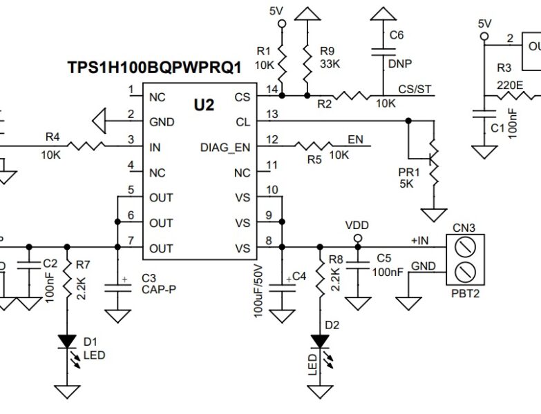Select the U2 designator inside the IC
click(203, 106)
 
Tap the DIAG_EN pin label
click(225, 147)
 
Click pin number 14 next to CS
click(272, 89)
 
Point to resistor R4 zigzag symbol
click(88, 146)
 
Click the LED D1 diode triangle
click(68, 340)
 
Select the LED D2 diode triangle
click(320, 340)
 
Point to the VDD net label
click(357, 226)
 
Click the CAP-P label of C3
click(158, 290)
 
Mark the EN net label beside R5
click(355, 140)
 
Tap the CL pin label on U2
click(242, 121)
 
